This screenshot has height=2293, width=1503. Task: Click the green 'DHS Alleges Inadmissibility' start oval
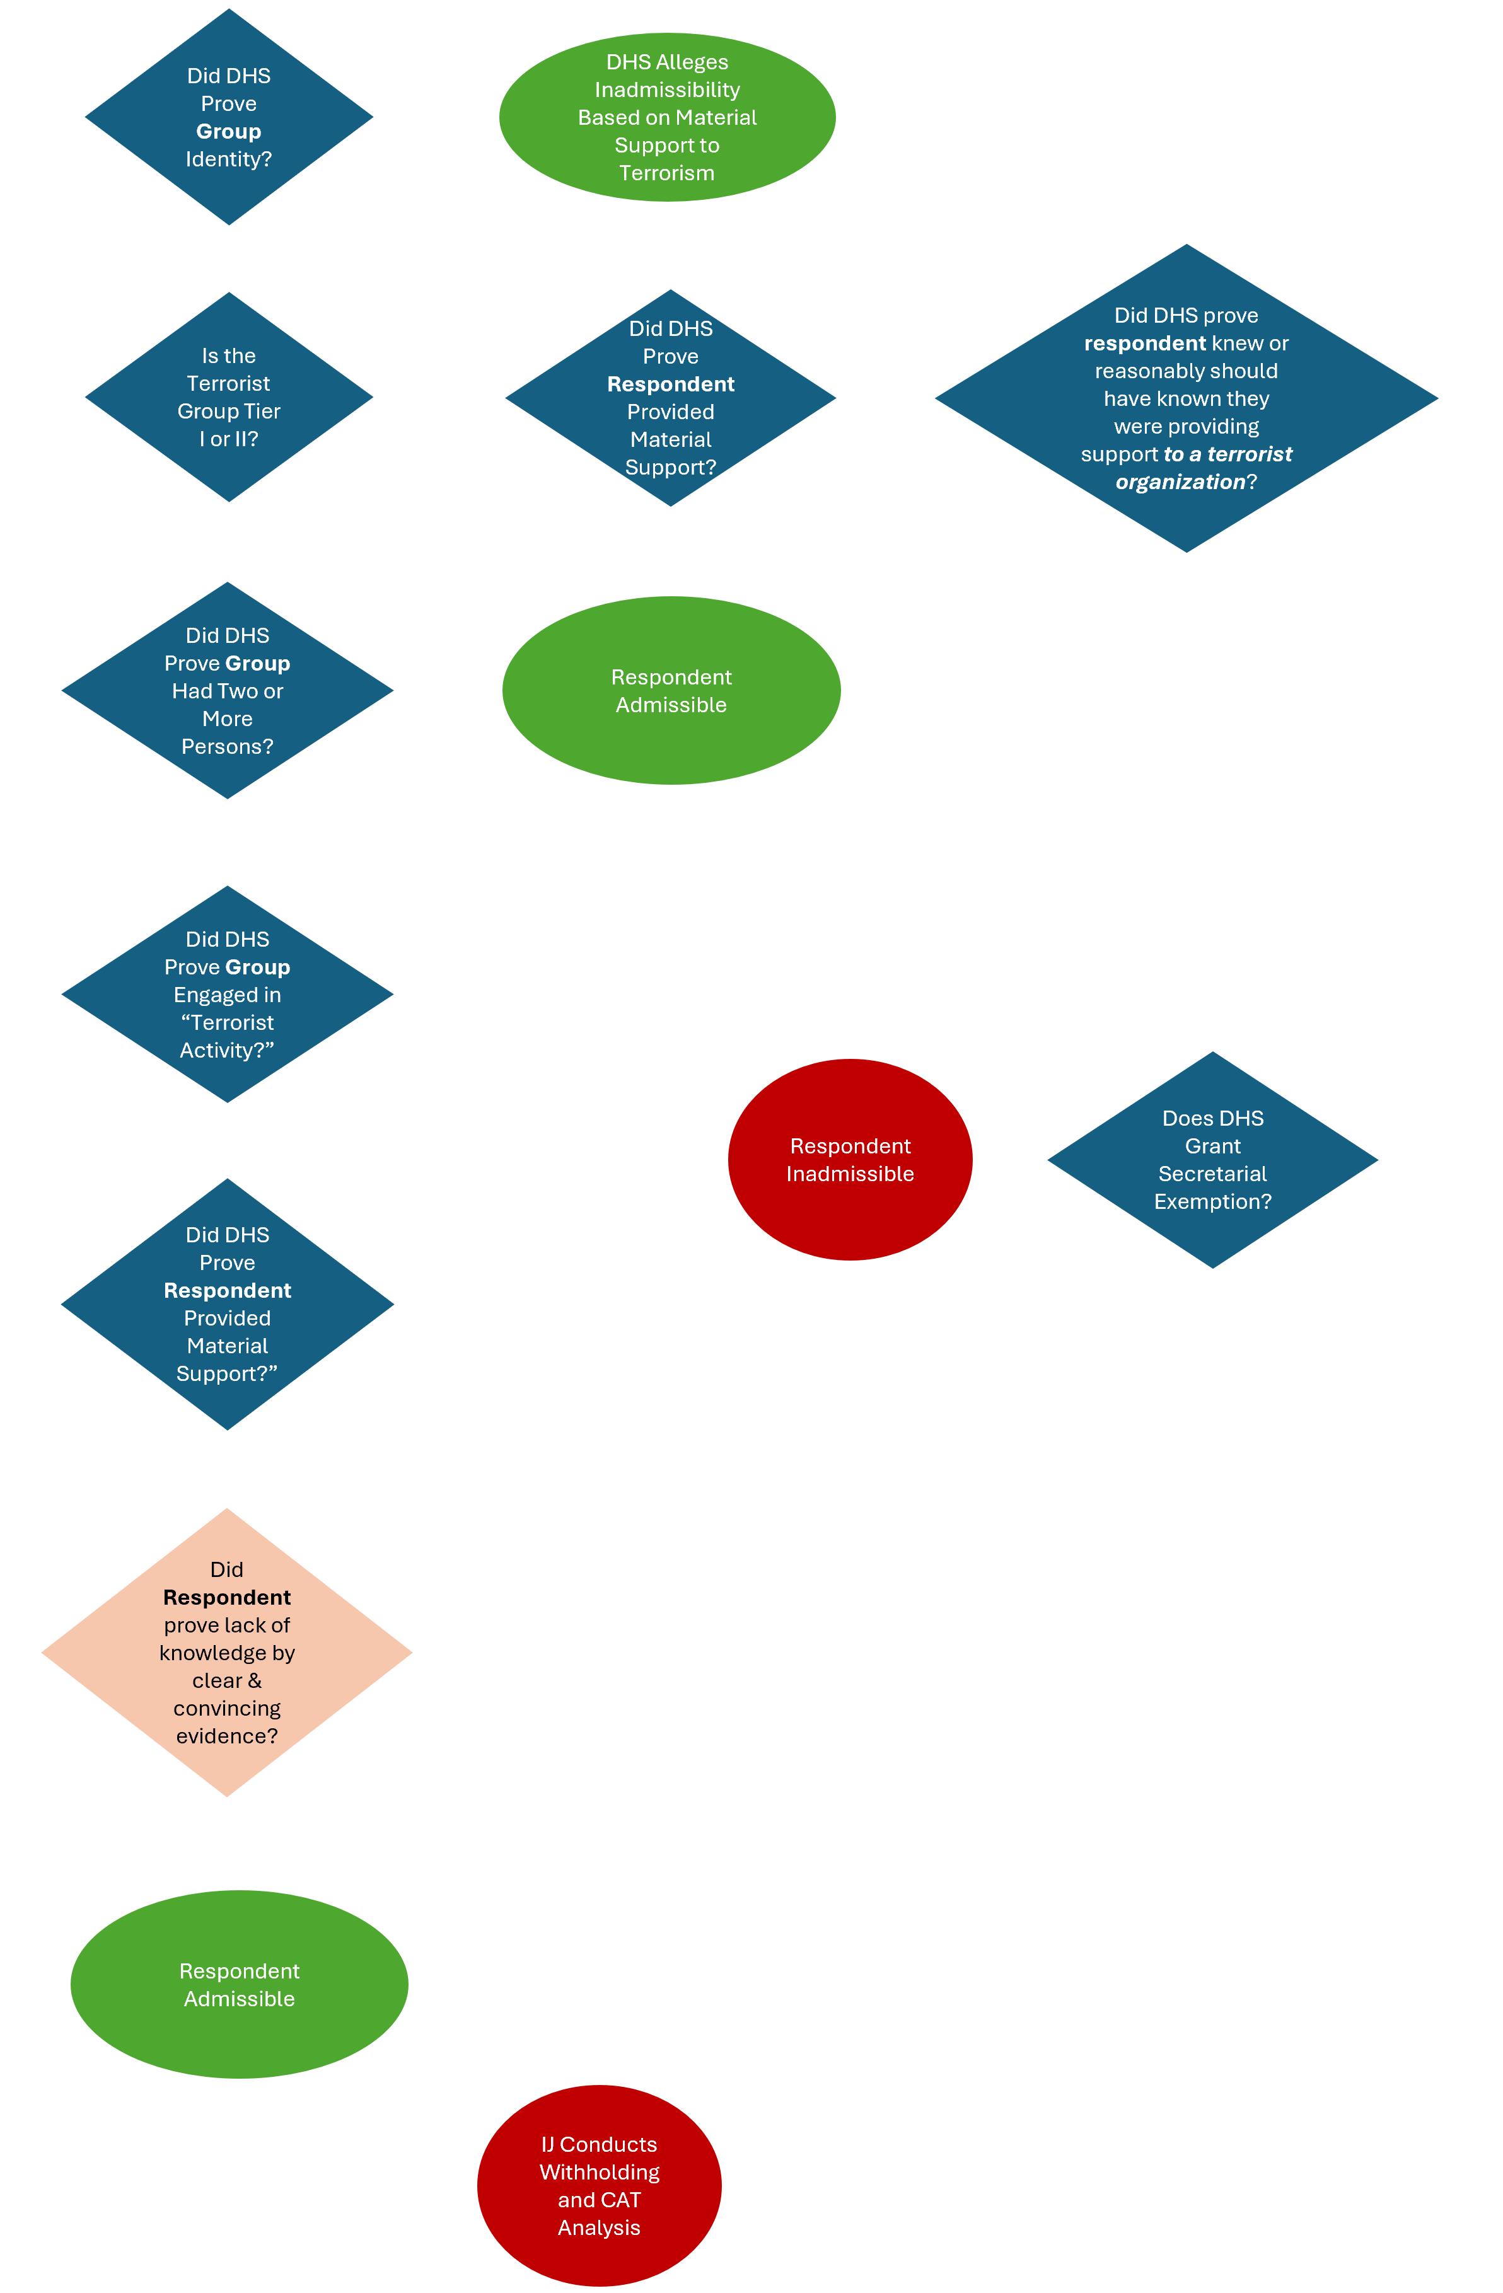(x=667, y=117)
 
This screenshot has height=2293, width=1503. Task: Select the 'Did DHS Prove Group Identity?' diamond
(x=228, y=117)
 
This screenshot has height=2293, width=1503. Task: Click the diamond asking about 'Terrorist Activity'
(x=228, y=993)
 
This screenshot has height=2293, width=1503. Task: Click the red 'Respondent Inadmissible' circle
(x=850, y=1159)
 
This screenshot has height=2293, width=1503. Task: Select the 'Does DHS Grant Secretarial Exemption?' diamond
(x=1212, y=1159)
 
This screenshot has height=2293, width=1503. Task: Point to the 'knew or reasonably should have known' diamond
(x=1186, y=397)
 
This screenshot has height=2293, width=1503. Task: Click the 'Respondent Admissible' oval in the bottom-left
(x=239, y=1985)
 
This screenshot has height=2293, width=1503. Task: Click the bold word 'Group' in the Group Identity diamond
(x=228, y=131)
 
